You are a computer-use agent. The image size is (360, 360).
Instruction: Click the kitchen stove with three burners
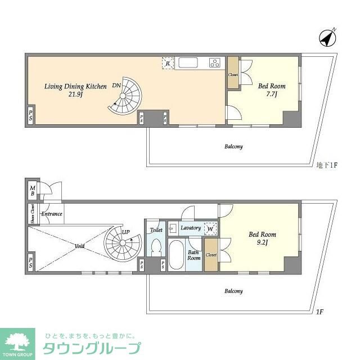[x=215, y=62]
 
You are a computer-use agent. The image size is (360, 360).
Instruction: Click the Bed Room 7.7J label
[x=272, y=90]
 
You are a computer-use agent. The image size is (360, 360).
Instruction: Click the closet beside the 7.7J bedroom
[x=233, y=74]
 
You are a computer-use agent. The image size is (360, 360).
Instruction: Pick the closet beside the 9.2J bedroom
[x=211, y=254]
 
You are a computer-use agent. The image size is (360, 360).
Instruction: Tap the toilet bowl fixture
[x=156, y=248]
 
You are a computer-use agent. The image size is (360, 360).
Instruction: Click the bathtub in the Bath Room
[x=177, y=255]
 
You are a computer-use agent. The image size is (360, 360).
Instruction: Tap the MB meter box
[x=32, y=190]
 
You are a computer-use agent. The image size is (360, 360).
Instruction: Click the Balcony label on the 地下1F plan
[x=233, y=146]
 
